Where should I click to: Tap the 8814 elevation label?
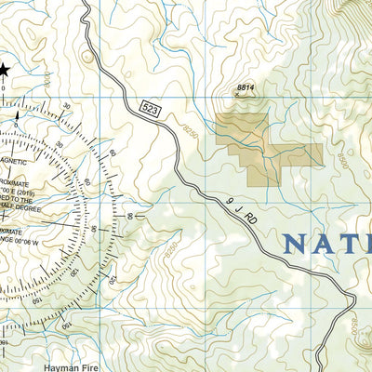(x=246, y=87)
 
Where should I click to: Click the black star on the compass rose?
(x=4, y=68)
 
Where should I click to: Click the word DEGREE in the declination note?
(x=28, y=208)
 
